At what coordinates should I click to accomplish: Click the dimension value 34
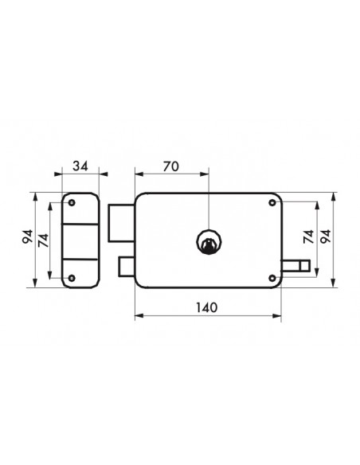[x=80, y=166]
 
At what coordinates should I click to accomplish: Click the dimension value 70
[x=171, y=166]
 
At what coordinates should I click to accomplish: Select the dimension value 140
[x=207, y=307]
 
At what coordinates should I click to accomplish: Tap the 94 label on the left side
[x=28, y=236]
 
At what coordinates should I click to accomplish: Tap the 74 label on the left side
[x=44, y=240]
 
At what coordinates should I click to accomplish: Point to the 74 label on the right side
[x=309, y=236]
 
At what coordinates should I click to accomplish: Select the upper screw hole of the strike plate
[x=72, y=203]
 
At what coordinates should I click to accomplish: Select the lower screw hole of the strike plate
[x=72, y=278]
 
